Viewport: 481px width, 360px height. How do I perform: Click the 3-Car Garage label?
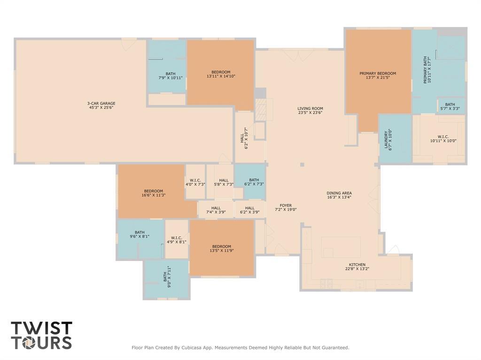click(101, 103)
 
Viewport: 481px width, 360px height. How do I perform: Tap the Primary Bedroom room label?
click(378, 73)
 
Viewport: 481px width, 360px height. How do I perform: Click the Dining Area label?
click(339, 193)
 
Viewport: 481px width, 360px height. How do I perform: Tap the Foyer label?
click(286, 205)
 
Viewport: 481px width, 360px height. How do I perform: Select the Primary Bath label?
click(426, 69)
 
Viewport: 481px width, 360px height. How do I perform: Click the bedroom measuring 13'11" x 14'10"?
click(221, 74)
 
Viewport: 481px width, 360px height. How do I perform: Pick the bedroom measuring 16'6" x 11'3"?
click(154, 193)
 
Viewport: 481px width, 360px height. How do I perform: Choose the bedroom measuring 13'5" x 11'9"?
click(221, 248)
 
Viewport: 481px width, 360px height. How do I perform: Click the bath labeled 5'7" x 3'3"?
click(450, 107)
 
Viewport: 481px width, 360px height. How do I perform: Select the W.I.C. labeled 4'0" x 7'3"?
click(195, 182)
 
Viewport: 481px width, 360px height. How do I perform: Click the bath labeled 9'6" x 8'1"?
click(140, 234)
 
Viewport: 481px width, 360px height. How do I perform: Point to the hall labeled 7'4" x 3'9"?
click(216, 210)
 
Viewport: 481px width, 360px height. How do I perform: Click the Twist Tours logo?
click(41, 335)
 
